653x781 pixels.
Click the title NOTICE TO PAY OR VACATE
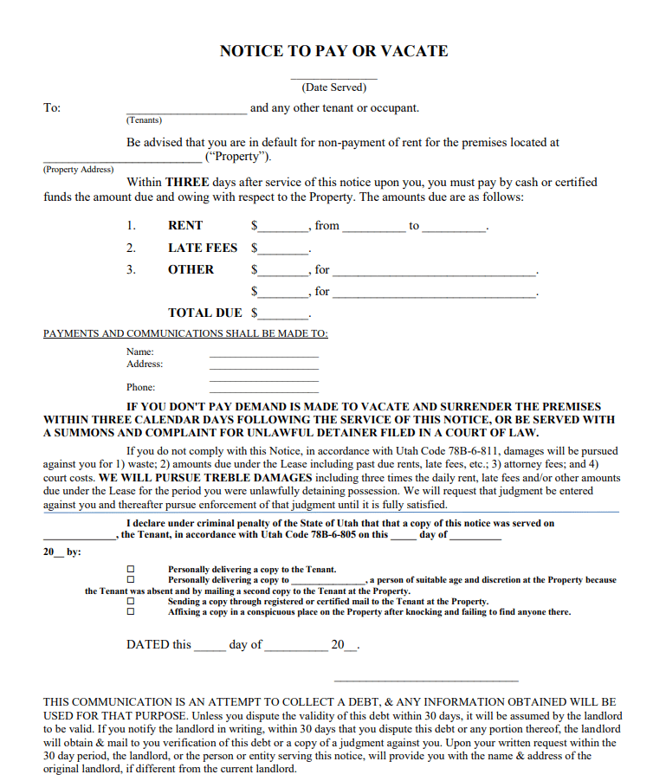coord(333,51)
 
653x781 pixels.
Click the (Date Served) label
coord(333,87)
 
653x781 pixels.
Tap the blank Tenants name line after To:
coord(186,112)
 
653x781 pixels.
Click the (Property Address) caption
coord(78,170)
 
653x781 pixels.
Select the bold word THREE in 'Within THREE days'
coord(188,183)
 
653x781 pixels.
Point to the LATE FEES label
coord(203,248)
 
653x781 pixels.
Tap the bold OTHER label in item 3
coord(191,269)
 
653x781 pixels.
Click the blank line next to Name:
coord(263,354)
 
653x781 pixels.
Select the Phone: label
coord(140,387)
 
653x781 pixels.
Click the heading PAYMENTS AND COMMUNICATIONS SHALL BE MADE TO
coord(185,333)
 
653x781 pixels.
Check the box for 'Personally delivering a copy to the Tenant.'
coord(131,569)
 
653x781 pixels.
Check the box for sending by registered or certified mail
coord(131,601)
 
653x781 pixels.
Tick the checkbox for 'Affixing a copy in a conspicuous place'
coord(131,612)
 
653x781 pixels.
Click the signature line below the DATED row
coord(425,681)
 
